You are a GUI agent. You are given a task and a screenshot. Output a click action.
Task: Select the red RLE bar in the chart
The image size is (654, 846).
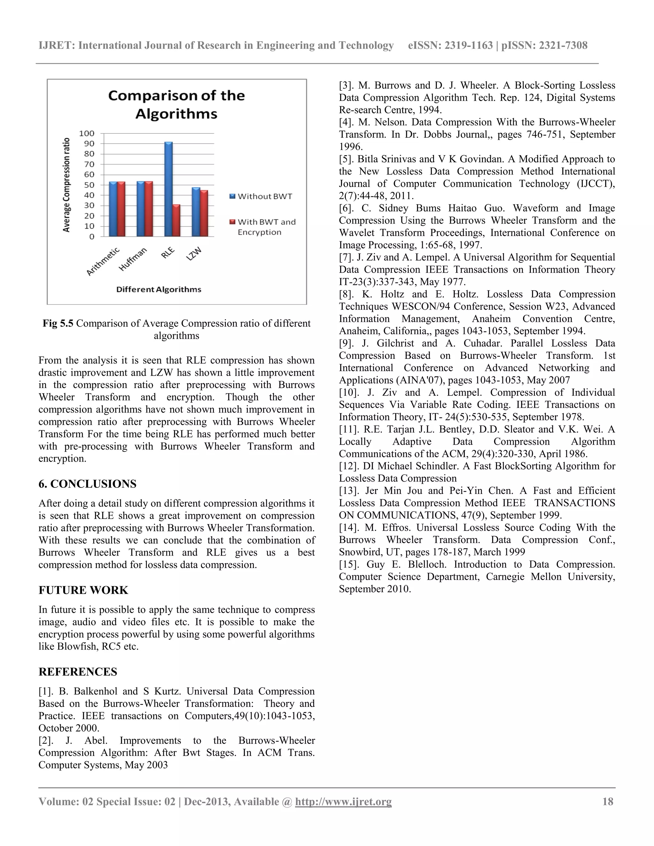coord(176,221)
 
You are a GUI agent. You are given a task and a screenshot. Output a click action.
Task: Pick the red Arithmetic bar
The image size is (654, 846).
coord(121,209)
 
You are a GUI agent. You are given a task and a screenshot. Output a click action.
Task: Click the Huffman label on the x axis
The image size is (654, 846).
coord(133,259)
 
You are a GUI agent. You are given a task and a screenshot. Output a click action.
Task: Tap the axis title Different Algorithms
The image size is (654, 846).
coord(158,289)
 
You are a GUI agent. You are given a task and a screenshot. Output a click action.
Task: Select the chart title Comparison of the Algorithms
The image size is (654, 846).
coord(176,105)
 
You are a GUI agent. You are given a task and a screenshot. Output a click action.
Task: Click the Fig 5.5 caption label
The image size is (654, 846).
coord(58,323)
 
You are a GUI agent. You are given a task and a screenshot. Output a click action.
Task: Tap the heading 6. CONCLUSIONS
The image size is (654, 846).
coord(87,484)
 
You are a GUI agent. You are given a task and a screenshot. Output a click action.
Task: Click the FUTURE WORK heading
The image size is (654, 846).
coord(83,590)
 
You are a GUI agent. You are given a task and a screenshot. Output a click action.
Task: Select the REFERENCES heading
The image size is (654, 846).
coord(78,672)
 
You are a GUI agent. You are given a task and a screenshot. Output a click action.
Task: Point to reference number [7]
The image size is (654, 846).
coord(346,258)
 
